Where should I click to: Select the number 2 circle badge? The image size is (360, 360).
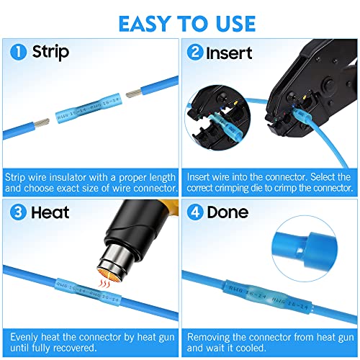click(194, 53)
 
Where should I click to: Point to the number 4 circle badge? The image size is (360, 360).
click(194, 213)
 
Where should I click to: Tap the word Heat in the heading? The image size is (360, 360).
click(48, 213)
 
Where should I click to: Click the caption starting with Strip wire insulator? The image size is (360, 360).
click(90, 182)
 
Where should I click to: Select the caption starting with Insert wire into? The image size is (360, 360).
click(269, 182)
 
